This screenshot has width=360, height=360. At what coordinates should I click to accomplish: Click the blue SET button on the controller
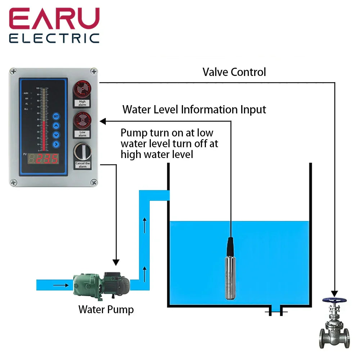56,116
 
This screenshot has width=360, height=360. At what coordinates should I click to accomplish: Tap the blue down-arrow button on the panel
56,135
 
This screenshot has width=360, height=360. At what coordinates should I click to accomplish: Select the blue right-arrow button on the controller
56,144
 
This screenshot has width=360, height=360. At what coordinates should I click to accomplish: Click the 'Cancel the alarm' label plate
82,165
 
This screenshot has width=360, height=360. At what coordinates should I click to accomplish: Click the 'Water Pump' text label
106,309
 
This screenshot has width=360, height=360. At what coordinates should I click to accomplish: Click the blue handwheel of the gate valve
335,300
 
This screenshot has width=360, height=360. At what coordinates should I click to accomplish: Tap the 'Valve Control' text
234,72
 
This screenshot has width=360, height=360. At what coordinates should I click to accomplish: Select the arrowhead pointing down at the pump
116,261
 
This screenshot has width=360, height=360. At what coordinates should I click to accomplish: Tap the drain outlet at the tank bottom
275,310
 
